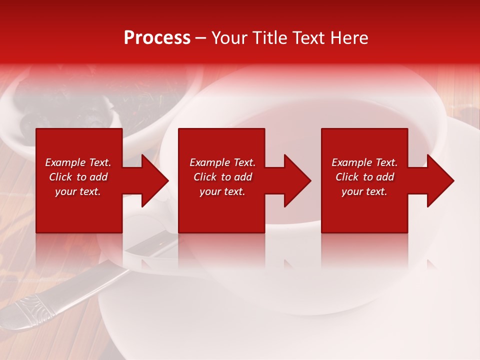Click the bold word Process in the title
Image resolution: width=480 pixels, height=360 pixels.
pyautogui.click(x=157, y=37)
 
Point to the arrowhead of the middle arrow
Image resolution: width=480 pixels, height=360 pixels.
pyautogui.click(x=296, y=180)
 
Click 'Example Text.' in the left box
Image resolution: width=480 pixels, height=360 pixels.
pyautogui.click(x=78, y=162)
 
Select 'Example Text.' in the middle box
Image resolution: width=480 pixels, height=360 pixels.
pyautogui.click(x=222, y=162)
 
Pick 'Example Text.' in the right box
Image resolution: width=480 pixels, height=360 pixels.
pyautogui.click(x=364, y=162)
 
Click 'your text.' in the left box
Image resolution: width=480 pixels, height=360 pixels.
pyautogui.click(x=78, y=191)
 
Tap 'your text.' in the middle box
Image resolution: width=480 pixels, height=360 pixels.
pyautogui.click(x=222, y=191)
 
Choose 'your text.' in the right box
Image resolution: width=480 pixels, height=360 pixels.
pyautogui.click(x=364, y=191)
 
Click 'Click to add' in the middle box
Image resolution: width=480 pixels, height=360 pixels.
pyautogui.click(x=222, y=177)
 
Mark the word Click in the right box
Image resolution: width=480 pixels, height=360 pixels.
pyautogui.click(x=347, y=177)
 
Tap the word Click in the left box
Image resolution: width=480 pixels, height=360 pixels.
pyautogui.click(x=60, y=177)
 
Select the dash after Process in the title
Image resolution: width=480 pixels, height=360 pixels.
pyautogui.click(x=201, y=38)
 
